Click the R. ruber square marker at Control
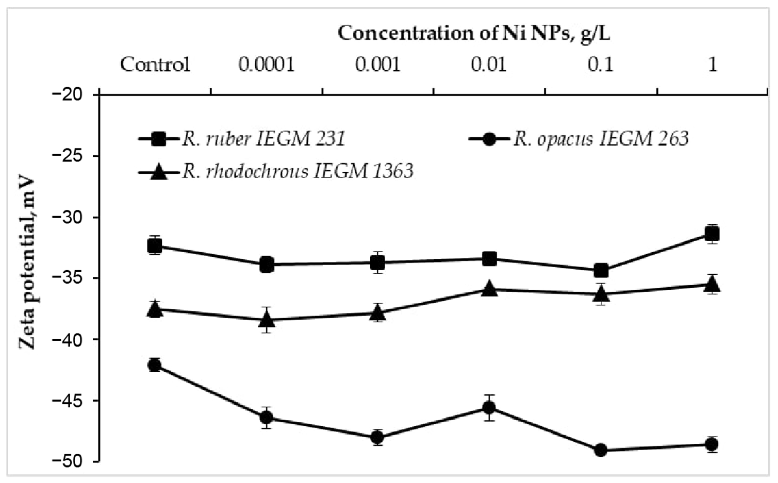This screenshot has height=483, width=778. (x=155, y=246)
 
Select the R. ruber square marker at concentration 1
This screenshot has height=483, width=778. (x=712, y=234)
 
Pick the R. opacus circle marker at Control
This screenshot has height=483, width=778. (x=155, y=365)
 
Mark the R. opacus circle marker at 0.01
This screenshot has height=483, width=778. (x=489, y=407)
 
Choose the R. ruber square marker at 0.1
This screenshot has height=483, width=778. (x=601, y=270)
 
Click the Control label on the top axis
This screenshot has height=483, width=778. (x=155, y=65)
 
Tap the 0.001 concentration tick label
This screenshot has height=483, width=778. (x=378, y=65)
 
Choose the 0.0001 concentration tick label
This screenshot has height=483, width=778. (x=266, y=65)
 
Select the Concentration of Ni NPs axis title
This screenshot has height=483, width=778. (x=474, y=33)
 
